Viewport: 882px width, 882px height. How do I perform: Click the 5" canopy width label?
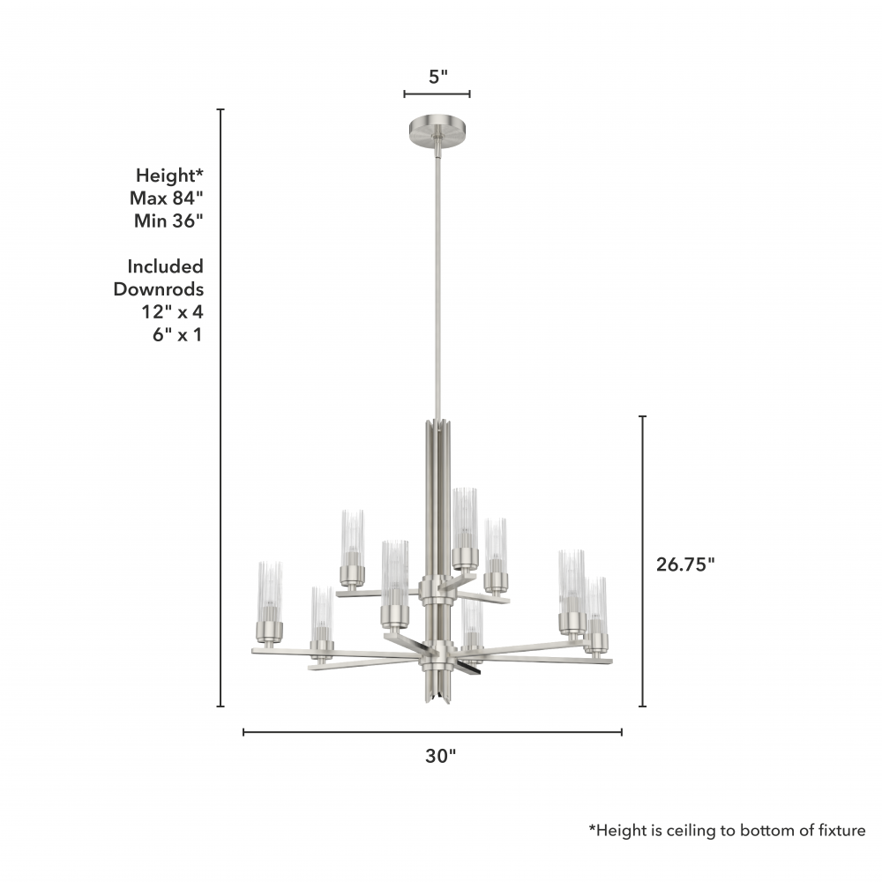tap(437, 77)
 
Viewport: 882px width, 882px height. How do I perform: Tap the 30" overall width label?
tap(440, 756)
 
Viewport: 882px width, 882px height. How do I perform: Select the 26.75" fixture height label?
tap(685, 564)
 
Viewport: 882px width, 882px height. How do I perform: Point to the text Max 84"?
tap(166, 198)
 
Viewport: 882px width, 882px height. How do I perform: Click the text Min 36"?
tap(168, 221)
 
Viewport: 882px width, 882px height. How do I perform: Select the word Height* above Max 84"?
tap(169, 176)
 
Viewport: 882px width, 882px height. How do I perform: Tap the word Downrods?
tap(159, 289)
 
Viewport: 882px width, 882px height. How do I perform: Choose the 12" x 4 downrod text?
tap(172, 311)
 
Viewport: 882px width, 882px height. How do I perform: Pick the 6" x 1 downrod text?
tap(177, 334)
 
